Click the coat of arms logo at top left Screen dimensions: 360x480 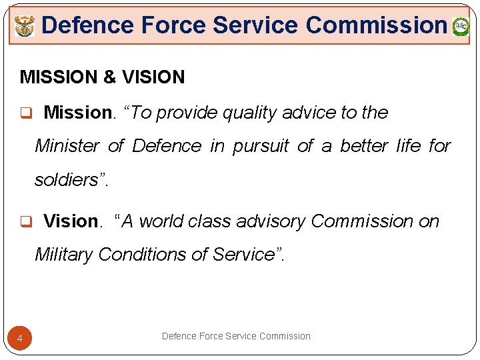24,27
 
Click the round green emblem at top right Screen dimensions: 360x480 461,27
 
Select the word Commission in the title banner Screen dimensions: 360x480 376,25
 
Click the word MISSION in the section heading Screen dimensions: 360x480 59,77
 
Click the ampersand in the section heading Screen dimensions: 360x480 109,77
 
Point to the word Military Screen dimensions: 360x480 63,255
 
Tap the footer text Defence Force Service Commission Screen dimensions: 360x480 236,336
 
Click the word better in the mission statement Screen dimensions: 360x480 363,146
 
